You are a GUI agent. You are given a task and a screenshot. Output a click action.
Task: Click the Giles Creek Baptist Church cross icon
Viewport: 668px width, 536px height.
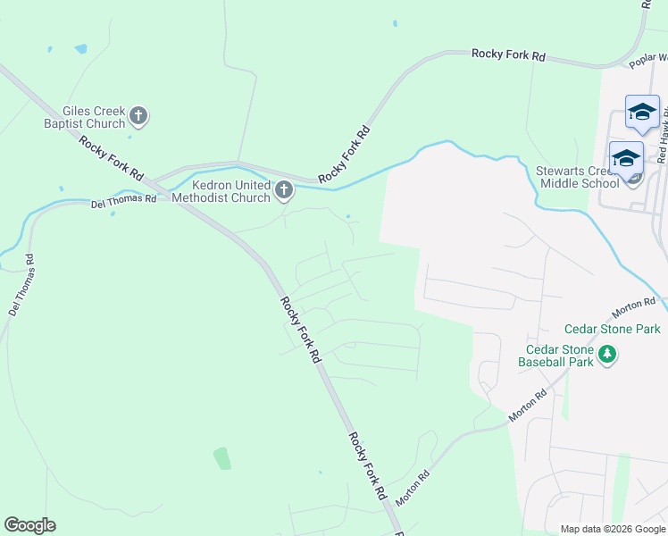(x=138, y=115)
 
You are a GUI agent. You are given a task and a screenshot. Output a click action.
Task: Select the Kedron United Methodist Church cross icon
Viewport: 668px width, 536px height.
(x=284, y=189)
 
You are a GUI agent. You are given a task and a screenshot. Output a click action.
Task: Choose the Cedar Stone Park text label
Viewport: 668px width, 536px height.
(x=612, y=330)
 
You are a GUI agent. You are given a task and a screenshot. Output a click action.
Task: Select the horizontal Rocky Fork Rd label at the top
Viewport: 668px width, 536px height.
(x=508, y=55)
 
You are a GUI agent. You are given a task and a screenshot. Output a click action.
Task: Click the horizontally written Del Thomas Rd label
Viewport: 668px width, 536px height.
(x=123, y=202)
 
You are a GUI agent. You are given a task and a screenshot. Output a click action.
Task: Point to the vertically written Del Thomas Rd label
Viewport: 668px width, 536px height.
(x=21, y=286)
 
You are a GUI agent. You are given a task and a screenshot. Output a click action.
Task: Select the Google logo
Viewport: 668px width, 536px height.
(x=29, y=525)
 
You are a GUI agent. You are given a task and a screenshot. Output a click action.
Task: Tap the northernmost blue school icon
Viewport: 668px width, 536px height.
(x=642, y=113)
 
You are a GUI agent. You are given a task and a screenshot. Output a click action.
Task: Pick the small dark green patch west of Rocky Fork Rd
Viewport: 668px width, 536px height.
(x=221, y=459)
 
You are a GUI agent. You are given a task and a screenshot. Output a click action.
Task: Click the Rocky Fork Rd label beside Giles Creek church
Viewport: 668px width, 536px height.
(x=112, y=157)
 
